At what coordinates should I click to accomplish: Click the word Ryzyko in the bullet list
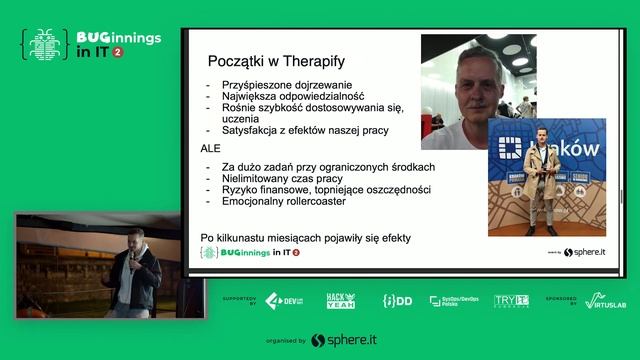[x=234, y=189]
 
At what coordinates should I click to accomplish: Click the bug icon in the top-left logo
[x=43, y=45]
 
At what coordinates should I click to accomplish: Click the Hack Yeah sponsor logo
[x=340, y=300]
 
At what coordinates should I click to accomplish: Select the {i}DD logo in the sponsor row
[x=396, y=300]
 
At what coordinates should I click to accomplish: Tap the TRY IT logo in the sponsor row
[x=511, y=300]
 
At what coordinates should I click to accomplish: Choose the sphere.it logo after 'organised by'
[x=345, y=341]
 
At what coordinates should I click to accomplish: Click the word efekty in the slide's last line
[x=393, y=237]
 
